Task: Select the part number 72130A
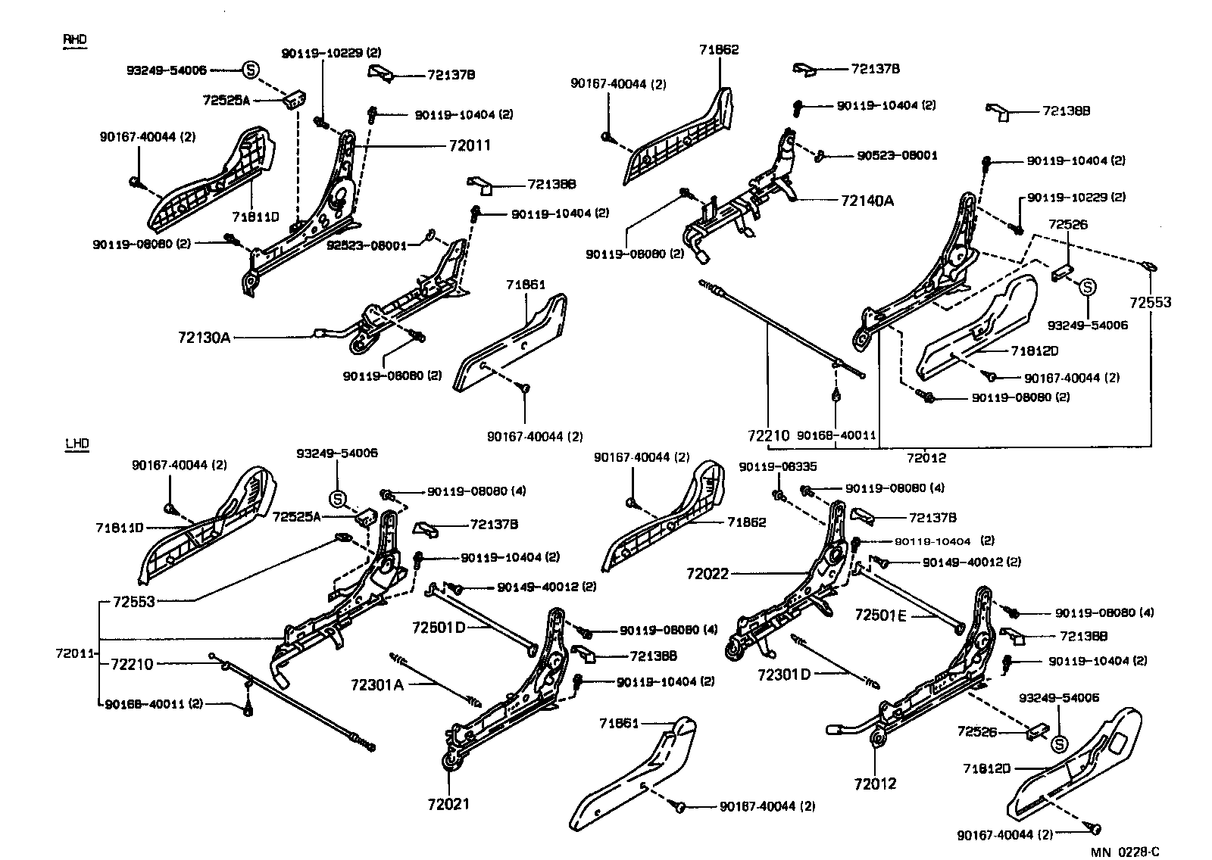coord(204,337)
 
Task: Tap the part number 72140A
coord(867,201)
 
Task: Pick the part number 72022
coord(708,574)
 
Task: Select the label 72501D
coord(439,628)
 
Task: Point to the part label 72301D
coord(784,673)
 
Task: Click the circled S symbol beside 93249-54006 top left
coord(250,70)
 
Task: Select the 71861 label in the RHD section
coord(526,285)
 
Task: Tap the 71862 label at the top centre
coord(718,50)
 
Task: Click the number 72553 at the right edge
coord(1151,302)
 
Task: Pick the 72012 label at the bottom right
coord(875,784)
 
